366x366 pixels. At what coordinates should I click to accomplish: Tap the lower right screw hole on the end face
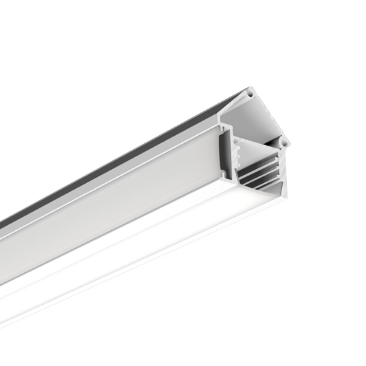[x=284, y=142]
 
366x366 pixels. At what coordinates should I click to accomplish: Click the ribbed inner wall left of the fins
[x=243, y=166]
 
